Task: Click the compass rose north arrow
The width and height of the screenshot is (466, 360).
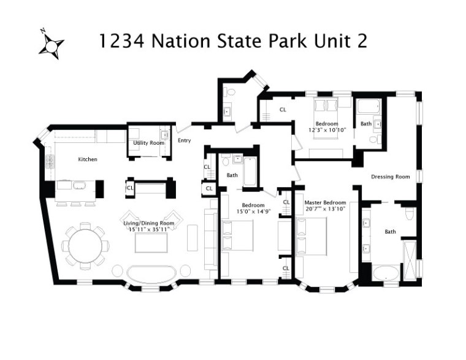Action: (x=52, y=46)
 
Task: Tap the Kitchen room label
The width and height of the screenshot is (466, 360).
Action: (x=87, y=159)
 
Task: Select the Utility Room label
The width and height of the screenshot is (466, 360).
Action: (x=148, y=143)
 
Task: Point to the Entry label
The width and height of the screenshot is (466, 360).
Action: (x=184, y=140)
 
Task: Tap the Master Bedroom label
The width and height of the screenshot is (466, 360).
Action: (x=325, y=202)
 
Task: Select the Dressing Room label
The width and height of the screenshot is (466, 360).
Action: (x=390, y=177)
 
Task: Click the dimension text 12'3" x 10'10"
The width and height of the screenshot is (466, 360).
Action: (x=327, y=130)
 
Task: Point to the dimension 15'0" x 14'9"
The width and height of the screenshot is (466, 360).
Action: (x=253, y=211)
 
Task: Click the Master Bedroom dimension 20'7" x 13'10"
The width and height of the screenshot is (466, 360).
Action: (x=325, y=209)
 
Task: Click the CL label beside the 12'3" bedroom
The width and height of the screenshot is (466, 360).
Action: (x=283, y=110)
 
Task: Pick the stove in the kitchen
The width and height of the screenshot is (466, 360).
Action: (x=50, y=164)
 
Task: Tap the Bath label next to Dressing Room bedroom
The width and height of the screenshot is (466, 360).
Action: (x=365, y=124)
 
